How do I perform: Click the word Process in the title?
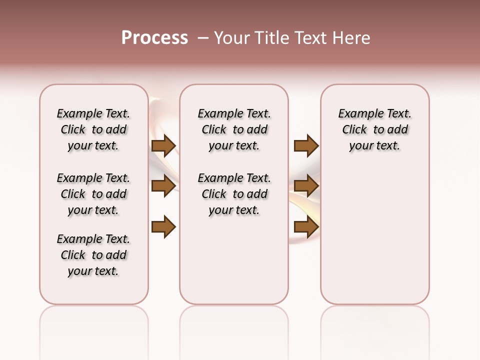(x=154, y=38)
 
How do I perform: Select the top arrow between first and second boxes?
(x=163, y=145)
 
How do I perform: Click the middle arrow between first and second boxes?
(x=163, y=186)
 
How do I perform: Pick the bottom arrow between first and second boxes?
(x=163, y=226)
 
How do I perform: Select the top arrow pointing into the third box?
(x=306, y=145)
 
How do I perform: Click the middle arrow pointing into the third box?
(x=306, y=186)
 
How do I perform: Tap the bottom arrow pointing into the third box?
(x=306, y=226)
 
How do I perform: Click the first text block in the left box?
(x=93, y=129)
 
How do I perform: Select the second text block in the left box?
(x=93, y=194)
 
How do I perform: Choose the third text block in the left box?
(x=93, y=255)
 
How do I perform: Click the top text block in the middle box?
(x=234, y=129)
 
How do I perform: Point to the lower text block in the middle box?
(x=234, y=194)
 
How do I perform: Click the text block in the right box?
(x=375, y=129)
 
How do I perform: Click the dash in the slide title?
(x=203, y=38)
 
